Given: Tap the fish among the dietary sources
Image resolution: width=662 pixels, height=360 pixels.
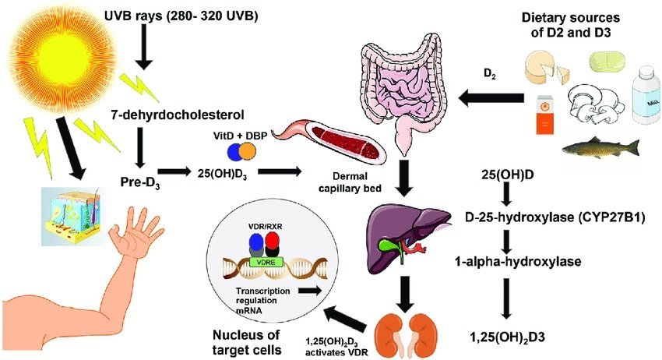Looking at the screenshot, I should click(600, 148).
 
